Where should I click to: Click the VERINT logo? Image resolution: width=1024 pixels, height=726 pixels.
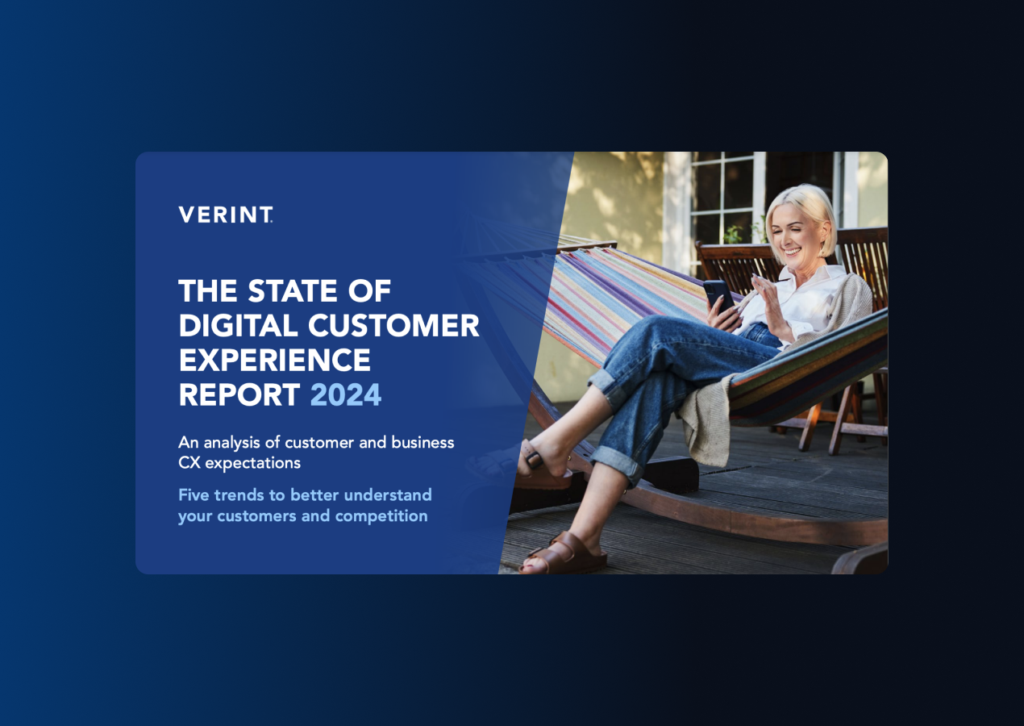(x=225, y=215)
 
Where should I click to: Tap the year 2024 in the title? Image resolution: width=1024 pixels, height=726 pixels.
(x=346, y=395)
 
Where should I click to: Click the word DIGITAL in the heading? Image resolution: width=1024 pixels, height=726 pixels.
(x=239, y=326)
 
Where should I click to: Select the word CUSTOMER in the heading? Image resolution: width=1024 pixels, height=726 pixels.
(x=394, y=326)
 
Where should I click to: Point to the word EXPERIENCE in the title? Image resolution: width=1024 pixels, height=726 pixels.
(x=274, y=361)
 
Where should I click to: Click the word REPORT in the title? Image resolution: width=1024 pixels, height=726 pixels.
(x=239, y=395)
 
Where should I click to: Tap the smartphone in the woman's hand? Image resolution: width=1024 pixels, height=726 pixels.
(x=718, y=294)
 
